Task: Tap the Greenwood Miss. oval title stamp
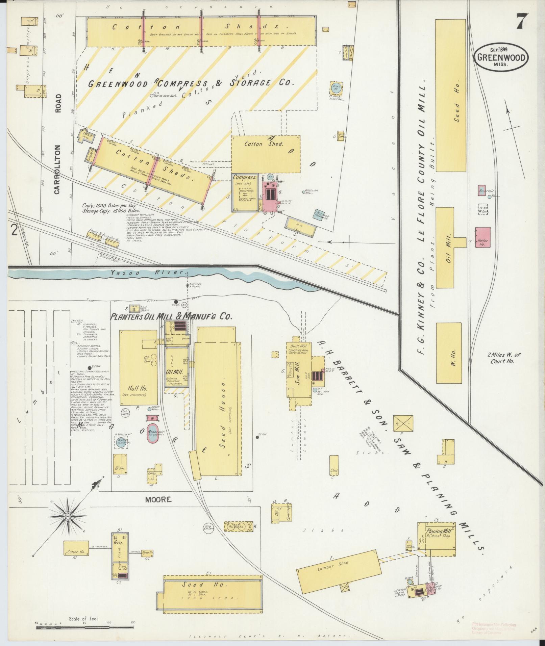[501, 57]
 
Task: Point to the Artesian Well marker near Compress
[303, 192]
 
